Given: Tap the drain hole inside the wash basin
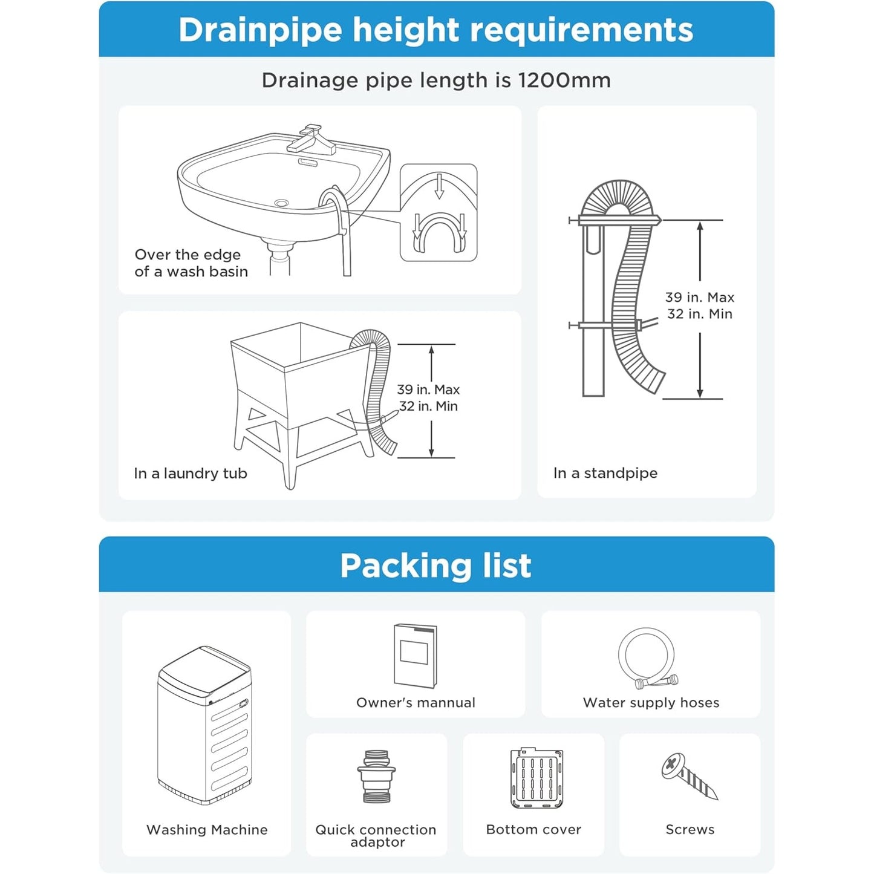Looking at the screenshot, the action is tap(282, 202).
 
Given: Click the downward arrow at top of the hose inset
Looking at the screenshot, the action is tap(439, 186).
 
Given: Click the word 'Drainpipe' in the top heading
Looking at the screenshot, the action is tap(260, 30).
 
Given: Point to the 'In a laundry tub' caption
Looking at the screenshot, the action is tap(191, 474).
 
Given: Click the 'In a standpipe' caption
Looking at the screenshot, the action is tap(605, 473).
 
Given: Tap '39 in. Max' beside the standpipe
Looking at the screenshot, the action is tap(700, 298).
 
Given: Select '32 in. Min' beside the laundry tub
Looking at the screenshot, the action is tap(429, 406).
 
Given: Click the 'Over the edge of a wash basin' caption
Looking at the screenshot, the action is tap(191, 263).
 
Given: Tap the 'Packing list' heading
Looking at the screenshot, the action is tap(436, 566).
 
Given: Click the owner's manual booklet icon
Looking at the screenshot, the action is tap(416, 656).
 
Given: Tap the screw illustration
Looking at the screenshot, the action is tap(690, 777).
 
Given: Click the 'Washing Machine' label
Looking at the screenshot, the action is tap(207, 830).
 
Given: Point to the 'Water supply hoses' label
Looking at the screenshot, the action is tap(651, 703).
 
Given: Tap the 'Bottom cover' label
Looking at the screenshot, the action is tap(533, 829).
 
